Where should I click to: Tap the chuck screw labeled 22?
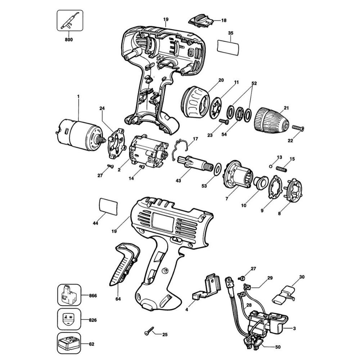(298, 128)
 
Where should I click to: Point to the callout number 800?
(69, 40)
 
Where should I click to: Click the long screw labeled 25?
(148, 331)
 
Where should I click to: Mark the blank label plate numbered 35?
(228, 47)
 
